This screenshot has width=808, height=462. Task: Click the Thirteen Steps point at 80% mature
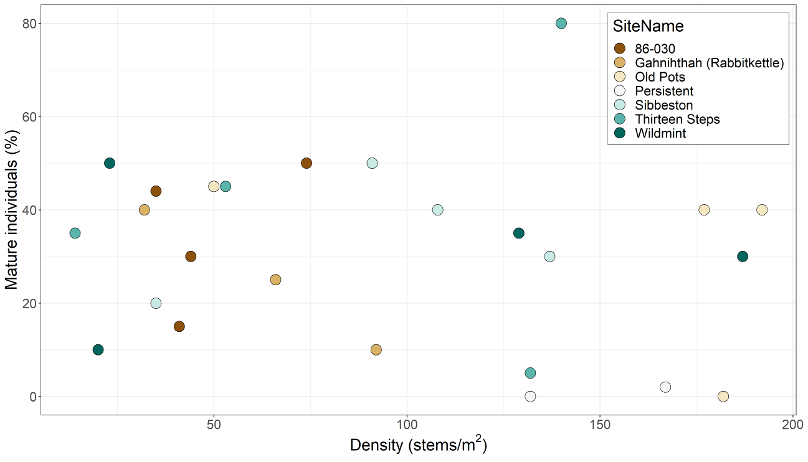pos(561,23)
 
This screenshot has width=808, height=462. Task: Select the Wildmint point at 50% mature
pos(110,163)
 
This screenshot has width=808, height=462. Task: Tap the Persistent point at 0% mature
pos(530,397)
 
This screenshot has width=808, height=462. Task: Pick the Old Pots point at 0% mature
pos(723,397)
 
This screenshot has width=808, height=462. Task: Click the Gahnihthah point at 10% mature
pos(376,350)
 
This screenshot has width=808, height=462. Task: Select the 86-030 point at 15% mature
pos(179,326)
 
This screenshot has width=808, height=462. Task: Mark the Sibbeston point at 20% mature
pos(156,303)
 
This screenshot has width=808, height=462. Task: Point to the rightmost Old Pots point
pos(762,210)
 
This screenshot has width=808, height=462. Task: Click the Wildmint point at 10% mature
pos(98,350)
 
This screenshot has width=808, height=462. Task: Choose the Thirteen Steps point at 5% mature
pos(530,373)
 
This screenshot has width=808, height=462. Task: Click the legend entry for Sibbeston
pos(663,105)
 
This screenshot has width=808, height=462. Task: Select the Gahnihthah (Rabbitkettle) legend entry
pos(709,63)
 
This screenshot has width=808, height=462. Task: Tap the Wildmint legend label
pos(660,133)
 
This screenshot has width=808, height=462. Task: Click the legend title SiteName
pos(648,26)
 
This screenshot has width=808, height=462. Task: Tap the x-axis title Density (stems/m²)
pos(418,446)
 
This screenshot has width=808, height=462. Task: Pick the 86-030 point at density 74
pos(307,163)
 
